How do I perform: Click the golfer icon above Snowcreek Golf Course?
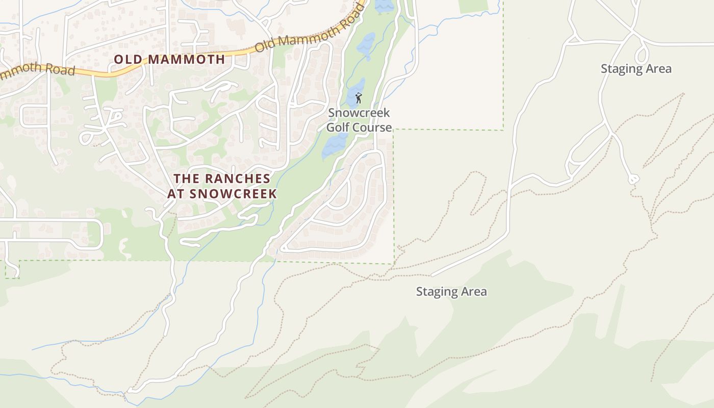(x=359, y=97)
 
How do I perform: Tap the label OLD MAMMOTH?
(x=169, y=59)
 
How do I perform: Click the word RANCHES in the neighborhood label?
(x=237, y=179)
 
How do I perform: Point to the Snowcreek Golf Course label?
(x=359, y=120)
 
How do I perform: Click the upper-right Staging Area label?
(x=636, y=69)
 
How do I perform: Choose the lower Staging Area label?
(x=451, y=292)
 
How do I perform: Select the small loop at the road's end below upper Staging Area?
(x=633, y=179)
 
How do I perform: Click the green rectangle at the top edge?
(x=473, y=6)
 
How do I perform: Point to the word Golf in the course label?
(x=337, y=127)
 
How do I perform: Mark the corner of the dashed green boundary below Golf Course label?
(x=394, y=130)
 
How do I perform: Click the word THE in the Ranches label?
(x=186, y=179)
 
